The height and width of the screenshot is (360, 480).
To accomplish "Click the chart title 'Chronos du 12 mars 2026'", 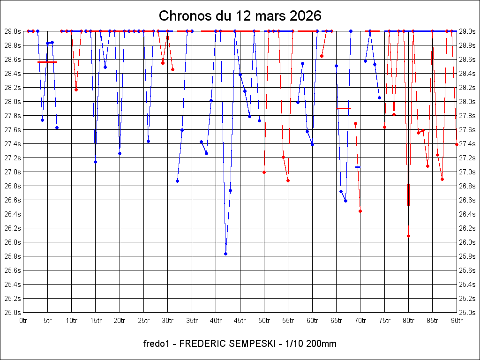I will pyautogui.click(x=240, y=15).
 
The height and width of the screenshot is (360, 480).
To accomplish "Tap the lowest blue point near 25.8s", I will pyautogui.click(x=225, y=254).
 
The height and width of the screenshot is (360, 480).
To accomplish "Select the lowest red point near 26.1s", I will pyautogui.click(x=408, y=236).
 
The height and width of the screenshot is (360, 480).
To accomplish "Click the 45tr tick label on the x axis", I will pyautogui.click(x=240, y=321).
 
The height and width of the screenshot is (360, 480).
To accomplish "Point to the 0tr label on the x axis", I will pyautogui.click(x=23, y=321).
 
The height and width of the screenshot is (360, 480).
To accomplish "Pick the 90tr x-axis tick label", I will pyautogui.click(x=457, y=321).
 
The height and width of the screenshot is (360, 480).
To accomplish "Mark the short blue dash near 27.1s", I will pyautogui.click(x=358, y=167).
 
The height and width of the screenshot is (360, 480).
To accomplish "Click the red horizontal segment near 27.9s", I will pyautogui.click(x=344, y=108).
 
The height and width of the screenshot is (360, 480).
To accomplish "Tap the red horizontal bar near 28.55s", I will pyautogui.click(x=47, y=62).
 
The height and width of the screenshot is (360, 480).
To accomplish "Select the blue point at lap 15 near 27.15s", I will pyautogui.click(x=95, y=162).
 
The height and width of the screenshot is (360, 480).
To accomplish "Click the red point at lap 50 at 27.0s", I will pyautogui.click(x=264, y=172).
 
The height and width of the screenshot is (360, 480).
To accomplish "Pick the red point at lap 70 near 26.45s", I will pyautogui.click(x=360, y=211).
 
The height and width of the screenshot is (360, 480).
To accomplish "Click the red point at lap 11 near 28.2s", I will pyautogui.click(x=76, y=90).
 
